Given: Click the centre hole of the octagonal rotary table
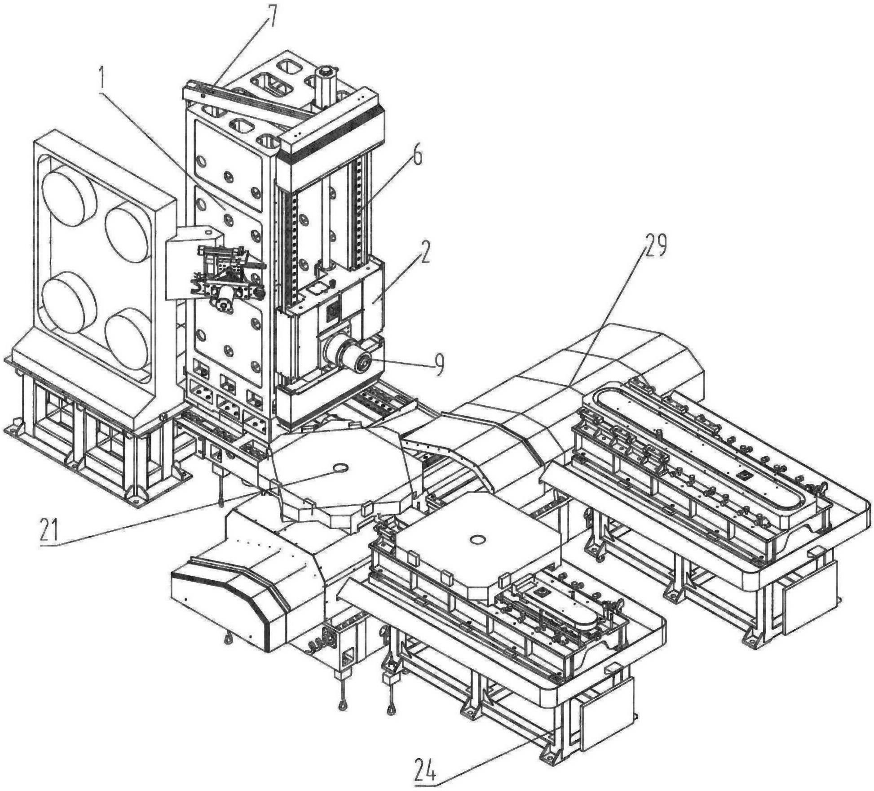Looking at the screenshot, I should coord(340,468).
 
